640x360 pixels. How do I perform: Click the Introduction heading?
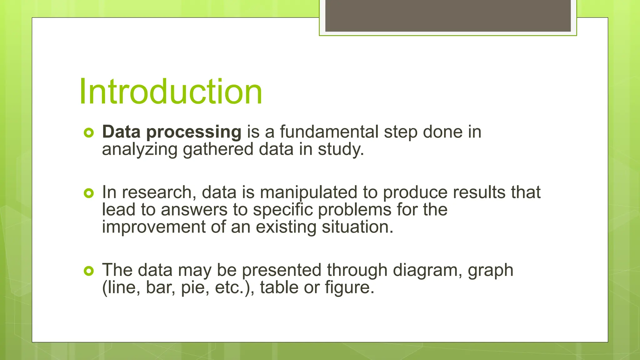point(171,92)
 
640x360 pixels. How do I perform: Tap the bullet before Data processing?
point(89,133)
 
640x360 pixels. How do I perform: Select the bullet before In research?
point(89,193)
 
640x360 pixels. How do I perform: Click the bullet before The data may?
point(89,271)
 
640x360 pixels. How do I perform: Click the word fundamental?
point(329,132)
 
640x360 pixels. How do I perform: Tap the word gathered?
point(218,149)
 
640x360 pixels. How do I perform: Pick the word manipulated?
point(308,193)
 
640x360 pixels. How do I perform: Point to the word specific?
point(283,210)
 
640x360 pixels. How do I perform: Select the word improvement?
point(153,227)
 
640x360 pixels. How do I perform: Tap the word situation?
point(357,227)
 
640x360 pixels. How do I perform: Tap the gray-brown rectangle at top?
point(448,16)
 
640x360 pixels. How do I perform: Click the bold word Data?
point(121,132)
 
